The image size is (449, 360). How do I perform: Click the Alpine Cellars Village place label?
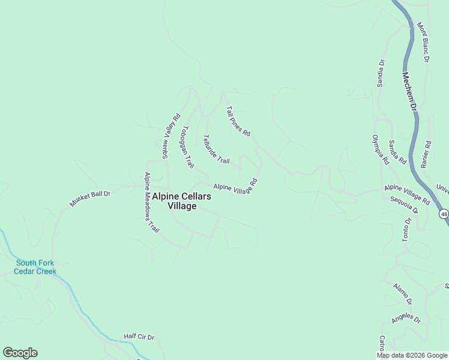pos(181,201)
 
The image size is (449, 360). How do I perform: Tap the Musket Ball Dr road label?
pos(90,199)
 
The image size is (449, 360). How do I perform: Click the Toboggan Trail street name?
pos(188,146)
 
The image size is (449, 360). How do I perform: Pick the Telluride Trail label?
pos(216,149)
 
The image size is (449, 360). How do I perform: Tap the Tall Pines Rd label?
pos(238,121)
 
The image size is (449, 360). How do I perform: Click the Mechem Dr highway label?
pos(409,91)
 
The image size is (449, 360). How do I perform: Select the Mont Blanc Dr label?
pos(424,43)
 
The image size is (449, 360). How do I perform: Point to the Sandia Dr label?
pos(381,73)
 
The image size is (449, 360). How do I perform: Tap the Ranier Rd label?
pos(427,154)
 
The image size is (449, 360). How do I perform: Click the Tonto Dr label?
pos(406,230)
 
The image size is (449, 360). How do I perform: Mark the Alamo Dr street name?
pos(402,292)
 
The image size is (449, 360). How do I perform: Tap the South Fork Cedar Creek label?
pos(36,267)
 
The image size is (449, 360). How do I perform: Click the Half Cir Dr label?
pos(139,337)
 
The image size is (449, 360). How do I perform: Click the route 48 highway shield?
pos(444,214)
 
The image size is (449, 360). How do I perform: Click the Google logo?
pos(20,353)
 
